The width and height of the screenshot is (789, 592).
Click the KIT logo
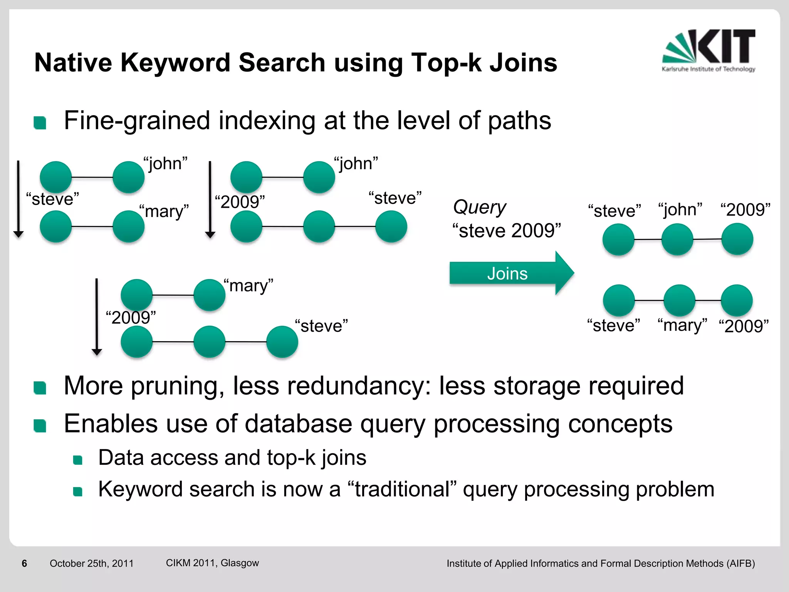(709, 50)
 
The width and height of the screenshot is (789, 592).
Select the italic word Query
(479, 207)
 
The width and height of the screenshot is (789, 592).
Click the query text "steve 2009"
(507, 230)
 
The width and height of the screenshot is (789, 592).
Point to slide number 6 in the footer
(24, 563)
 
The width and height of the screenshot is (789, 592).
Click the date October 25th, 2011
(91, 563)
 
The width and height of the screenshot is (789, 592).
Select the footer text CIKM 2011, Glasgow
(212, 563)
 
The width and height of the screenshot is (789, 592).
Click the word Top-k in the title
(446, 62)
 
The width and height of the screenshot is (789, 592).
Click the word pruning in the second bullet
(178, 386)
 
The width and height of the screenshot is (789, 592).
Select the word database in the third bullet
(298, 424)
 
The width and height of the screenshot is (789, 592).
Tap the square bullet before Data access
(78, 460)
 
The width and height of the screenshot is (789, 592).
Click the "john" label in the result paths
(680, 210)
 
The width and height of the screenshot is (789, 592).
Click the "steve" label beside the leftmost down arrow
(52, 199)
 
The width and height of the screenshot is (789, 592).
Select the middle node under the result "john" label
(677, 240)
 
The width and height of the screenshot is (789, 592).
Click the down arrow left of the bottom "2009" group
(97, 316)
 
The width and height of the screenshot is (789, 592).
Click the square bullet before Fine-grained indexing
(40, 123)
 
